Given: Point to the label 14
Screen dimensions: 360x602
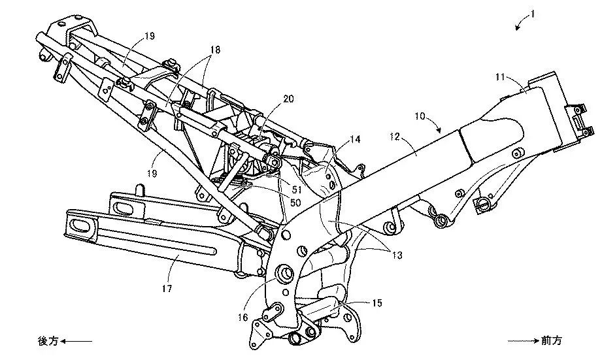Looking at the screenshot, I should click(354, 139).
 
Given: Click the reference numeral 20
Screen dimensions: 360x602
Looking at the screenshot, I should click(288, 99).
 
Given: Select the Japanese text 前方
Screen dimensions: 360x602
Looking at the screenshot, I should click(551, 341).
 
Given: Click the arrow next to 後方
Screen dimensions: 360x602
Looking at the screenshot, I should click(77, 341).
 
